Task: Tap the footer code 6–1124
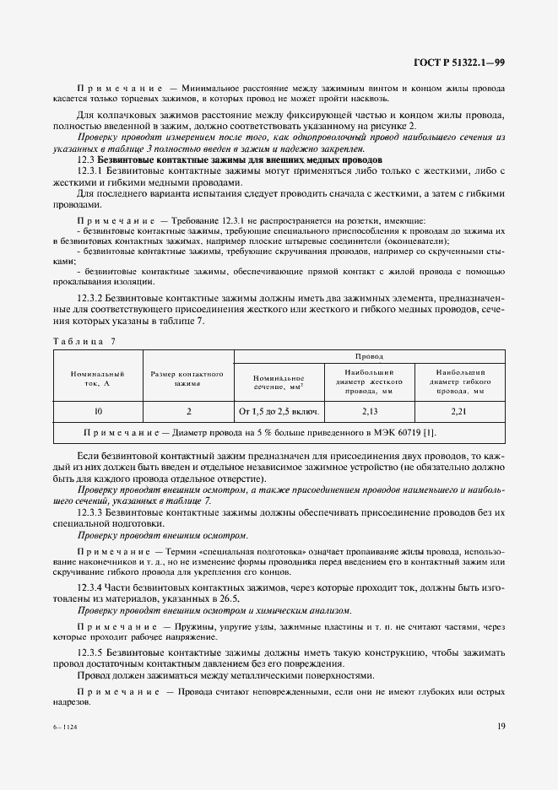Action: click(x=65, y=723)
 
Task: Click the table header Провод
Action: click(x=369, y=357)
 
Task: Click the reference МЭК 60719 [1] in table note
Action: click(x=406, y=433)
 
